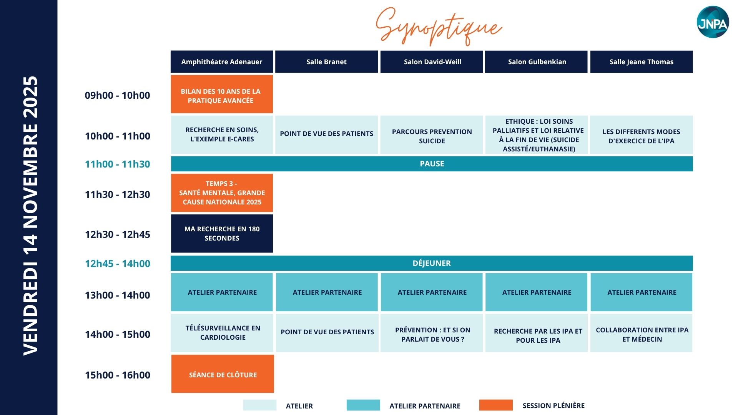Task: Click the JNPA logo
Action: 713,22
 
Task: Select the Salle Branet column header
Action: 326,61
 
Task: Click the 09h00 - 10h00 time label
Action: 118,95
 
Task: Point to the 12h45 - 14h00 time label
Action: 118,264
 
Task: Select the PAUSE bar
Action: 432,164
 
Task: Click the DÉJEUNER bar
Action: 432,263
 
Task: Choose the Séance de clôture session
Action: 223,374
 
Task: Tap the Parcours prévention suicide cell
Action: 432,135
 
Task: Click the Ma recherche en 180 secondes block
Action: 222,234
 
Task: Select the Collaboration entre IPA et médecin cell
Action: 642,333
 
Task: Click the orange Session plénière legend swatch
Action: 496,405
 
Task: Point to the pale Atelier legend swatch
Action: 259,405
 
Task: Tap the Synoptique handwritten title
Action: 439,26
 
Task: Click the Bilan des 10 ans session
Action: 222,94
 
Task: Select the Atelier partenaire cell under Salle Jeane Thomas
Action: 642,292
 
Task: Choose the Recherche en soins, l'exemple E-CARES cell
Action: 222,135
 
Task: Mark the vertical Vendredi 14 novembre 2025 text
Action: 30,216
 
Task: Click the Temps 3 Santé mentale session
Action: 222,193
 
